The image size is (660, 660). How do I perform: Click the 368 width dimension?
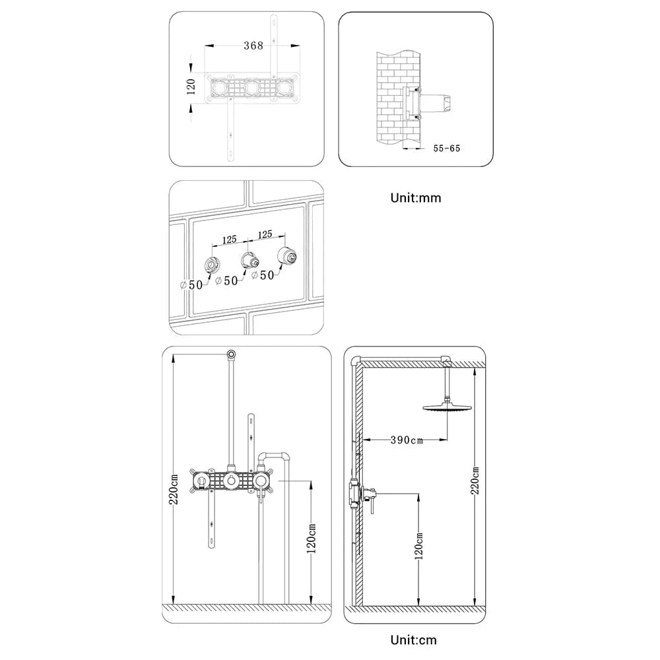point(253,46)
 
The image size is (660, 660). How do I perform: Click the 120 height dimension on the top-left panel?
point(191,86)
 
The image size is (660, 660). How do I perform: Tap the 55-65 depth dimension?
point(446,148)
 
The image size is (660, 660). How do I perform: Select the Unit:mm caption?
point(416,197)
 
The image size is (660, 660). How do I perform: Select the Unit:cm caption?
point(413,640)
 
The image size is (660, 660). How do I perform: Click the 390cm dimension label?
point(407,440)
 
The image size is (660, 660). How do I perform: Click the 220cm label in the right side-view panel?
point(475,480)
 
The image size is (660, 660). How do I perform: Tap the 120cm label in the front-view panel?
point(312,537)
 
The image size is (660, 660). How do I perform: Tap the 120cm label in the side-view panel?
point(418,546)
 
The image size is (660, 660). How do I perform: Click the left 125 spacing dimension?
point(229,240)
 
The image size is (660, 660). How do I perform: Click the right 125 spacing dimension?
point(265,234)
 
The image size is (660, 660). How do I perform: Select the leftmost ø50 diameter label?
point(192,285)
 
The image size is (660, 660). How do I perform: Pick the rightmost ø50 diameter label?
point(263,275)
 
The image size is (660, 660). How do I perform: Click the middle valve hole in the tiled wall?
point(247,259)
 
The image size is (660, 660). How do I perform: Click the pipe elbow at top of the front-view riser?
point(231,354)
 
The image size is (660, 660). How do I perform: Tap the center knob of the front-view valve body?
point(231,481)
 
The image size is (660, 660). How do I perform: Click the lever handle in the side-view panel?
point(372,503)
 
